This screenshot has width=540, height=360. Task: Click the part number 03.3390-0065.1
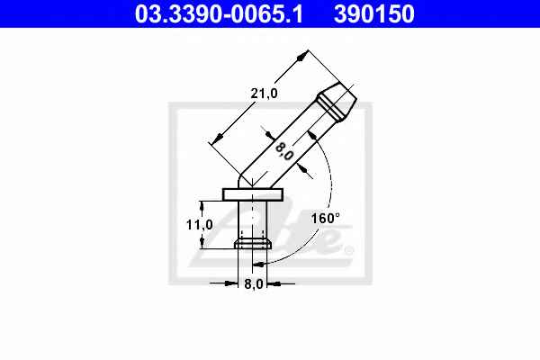[x=219, y=13]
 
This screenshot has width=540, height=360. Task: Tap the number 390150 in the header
[x=374, y=13]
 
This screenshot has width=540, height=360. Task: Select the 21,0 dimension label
[x=264, y=94]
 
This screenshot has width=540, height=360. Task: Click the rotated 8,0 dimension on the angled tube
[x=284, y=151]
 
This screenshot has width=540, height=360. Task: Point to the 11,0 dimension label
[x=200, y=225]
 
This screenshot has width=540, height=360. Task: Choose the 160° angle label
[x=326, y=218]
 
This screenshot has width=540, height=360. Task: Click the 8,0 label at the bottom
[x=254, y=284]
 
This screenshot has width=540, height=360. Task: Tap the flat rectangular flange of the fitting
[x=253, y=194]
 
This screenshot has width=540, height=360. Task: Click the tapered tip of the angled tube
[x=338, y=102]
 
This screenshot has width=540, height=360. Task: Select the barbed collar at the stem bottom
[x=253, y=244]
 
